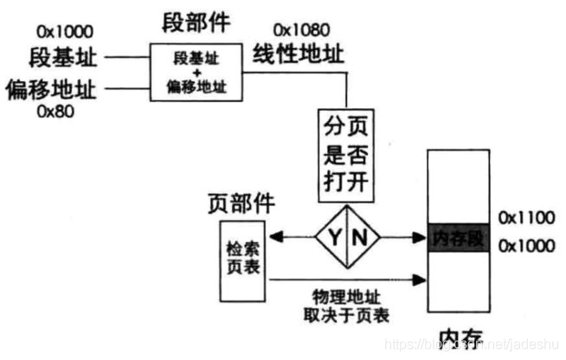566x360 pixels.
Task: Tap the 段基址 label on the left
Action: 61,59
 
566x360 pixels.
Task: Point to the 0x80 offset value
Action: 53,111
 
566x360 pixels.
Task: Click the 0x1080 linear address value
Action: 300,31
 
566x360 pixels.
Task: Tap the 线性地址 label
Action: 298,55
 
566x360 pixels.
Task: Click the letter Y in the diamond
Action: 333,236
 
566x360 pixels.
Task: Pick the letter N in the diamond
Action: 360,236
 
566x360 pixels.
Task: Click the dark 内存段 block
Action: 459,237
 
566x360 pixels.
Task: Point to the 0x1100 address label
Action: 526,215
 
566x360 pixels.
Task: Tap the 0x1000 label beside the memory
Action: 526,246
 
